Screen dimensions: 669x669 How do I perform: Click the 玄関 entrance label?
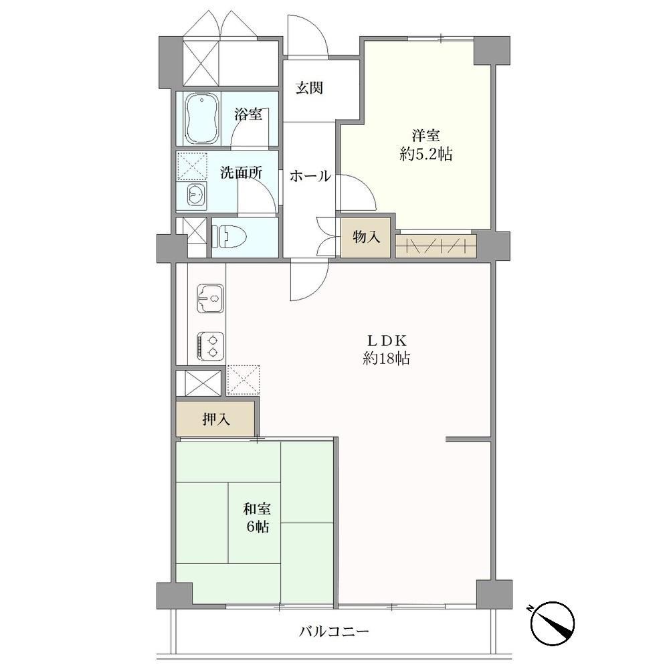point(310,88)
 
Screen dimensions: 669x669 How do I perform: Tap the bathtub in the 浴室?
point(202,119)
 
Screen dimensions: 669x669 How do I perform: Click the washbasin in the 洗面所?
point(196,196)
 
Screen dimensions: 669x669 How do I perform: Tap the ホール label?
point(310,176)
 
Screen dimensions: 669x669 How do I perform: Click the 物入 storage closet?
point(366,237)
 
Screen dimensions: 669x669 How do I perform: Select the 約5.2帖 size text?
point(425,154)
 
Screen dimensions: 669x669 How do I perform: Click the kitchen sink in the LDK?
point(210,298)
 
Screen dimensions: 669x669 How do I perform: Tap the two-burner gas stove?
point(210,346)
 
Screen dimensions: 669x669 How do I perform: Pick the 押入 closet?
point(216,419)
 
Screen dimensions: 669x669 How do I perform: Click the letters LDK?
point(386,341)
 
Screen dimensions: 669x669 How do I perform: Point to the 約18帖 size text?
point(386,359)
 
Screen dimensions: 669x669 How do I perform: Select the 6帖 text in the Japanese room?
point(257,527)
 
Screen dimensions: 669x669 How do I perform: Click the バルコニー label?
point(334,631)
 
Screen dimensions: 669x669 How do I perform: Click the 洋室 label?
point(425,136)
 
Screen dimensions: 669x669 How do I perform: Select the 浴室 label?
point(248,114)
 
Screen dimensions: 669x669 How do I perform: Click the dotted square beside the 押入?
point(244,380)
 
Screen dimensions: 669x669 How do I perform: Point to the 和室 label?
point(257,509)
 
